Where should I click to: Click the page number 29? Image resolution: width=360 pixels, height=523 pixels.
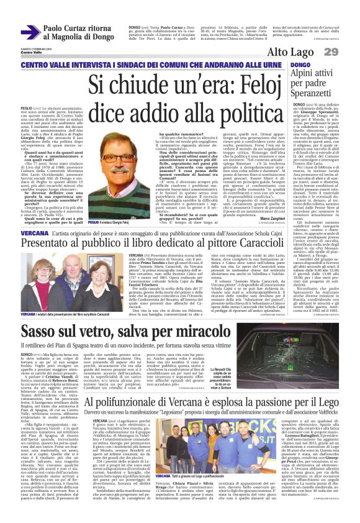point(348,51)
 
